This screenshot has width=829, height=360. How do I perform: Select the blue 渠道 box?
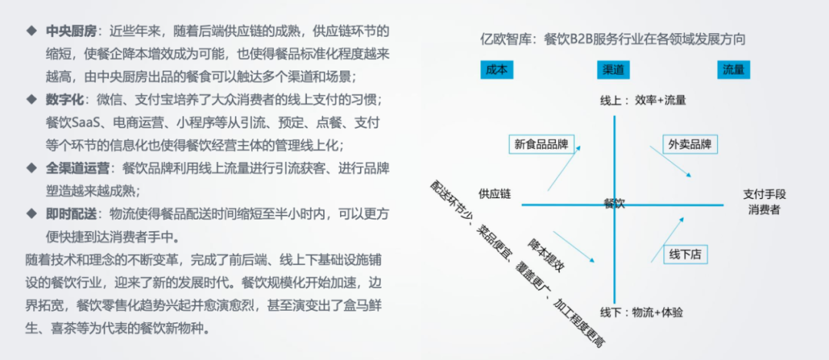613,70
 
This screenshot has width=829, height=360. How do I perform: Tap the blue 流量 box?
733,70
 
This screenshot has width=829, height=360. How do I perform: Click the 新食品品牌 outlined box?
541,144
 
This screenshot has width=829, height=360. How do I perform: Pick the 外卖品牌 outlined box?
689,144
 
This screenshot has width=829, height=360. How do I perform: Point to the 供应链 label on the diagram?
494,194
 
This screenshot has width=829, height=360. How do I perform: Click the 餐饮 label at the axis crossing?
614,203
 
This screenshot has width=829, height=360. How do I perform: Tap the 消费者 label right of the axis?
764,210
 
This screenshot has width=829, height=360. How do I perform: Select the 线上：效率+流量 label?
642,100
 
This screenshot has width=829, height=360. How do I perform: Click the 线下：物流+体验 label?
642,312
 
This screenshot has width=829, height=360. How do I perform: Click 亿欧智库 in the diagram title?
507,38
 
